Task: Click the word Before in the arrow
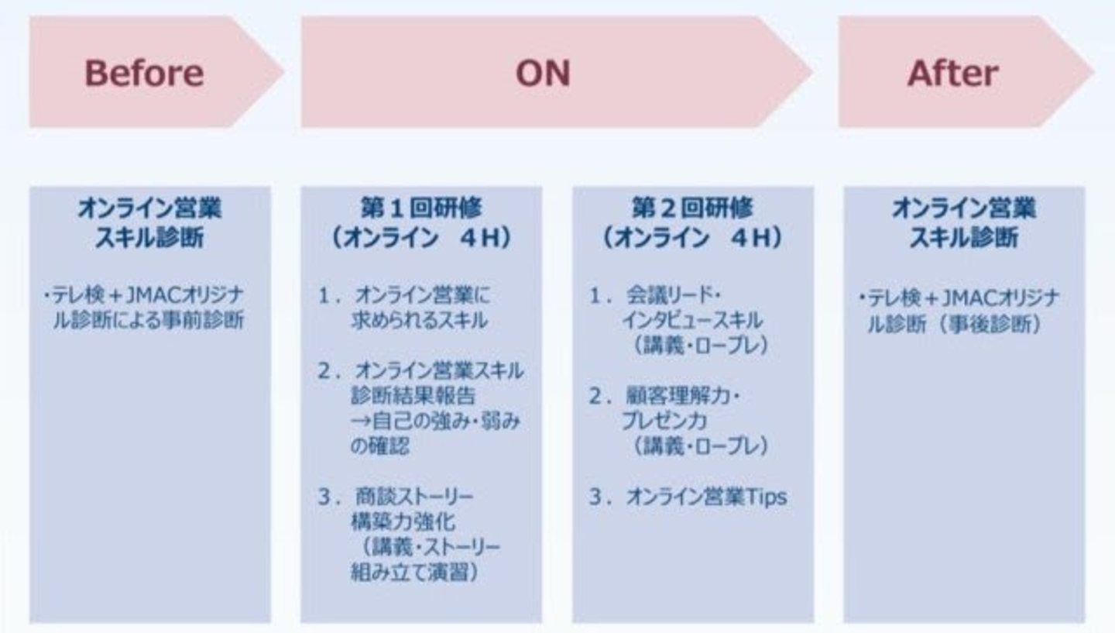144,74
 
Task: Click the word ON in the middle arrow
543,74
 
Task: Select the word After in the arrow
953,74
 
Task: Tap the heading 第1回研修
421,208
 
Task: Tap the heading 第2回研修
692,208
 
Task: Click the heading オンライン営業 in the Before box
149,208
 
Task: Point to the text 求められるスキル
419,321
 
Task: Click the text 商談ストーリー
414,496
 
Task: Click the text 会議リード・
674,296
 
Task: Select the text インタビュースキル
691,321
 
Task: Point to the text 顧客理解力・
683,396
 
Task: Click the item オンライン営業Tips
705,497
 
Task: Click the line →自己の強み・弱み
436,421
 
